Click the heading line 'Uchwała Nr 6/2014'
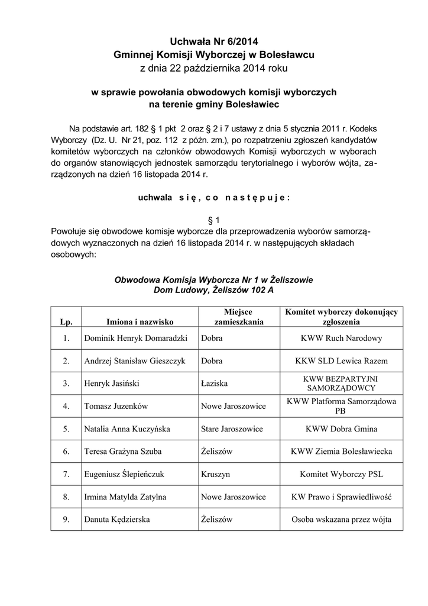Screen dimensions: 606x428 click(x=213, y=41)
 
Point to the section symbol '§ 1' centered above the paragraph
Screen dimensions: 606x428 click(x=213, y=219)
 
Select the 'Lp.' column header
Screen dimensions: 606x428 click(x=66, y=322)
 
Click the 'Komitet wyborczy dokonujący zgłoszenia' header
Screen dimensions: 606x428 click(x=341, y=317)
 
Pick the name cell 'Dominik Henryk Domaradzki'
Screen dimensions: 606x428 click(x=136, y=339)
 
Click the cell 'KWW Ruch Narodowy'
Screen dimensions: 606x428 click(x=341, y=339)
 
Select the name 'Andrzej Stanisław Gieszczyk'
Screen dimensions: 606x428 click(x=136, y=361)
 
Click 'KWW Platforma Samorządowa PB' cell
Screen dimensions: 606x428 click(x=341, y=406)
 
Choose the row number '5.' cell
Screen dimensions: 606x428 click(x=66, y=428)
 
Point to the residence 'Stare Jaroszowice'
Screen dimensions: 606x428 click(x=232, y=428)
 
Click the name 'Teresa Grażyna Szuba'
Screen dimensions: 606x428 click(x=123, y=451)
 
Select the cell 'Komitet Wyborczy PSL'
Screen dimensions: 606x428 click(x=341, y=474)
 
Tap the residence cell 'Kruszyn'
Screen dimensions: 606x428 click(x=215, y=474)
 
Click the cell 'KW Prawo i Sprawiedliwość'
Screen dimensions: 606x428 click(x=341, y=497)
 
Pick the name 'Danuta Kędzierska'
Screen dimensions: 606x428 click(x=117, y=519)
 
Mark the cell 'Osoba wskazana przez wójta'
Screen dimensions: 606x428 click(x=341, y=519)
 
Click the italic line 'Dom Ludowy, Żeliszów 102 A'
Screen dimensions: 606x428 click(x=213, y=291)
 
